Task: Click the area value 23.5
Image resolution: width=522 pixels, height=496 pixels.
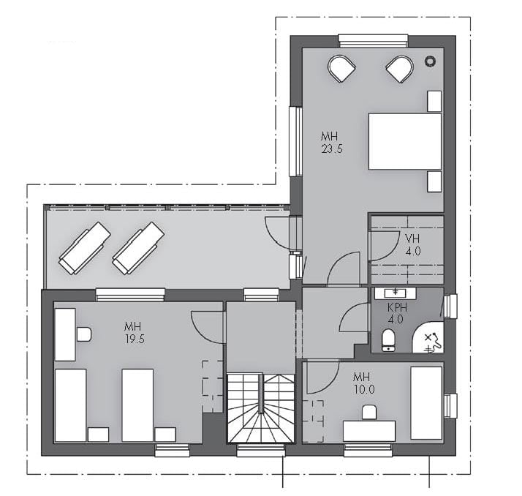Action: pos(332,149)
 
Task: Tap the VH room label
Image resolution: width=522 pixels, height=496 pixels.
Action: pos(412,238)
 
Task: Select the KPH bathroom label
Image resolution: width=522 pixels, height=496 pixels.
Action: pos(397,307)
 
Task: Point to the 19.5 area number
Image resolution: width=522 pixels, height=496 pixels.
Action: pos(135,339)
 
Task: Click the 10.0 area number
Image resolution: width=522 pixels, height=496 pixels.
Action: pos(364,389)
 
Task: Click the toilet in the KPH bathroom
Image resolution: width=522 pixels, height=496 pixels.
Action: pos(388,339)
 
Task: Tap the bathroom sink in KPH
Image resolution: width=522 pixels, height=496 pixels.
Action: pos(396,293)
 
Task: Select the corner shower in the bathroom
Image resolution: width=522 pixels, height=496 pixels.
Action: pos(428,337)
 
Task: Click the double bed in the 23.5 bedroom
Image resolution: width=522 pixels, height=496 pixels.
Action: pos(405,141)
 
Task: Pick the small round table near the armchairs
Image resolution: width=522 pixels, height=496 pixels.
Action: pos(430,61)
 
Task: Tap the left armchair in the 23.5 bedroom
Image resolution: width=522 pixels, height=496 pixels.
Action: pos(341,68)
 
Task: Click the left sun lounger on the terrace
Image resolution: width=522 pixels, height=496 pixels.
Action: pos(85,248)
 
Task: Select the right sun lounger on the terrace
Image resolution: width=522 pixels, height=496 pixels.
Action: pos(138,248)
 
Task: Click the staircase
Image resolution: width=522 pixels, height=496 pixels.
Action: pos(261,408)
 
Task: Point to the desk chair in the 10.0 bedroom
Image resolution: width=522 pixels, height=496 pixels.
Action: pos(369,412)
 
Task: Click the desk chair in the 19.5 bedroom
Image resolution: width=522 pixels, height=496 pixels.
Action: pos(84,334)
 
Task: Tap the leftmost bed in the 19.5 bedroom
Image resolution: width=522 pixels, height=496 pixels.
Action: pos(70,405)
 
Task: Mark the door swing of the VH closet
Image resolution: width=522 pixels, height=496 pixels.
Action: pos(385,246)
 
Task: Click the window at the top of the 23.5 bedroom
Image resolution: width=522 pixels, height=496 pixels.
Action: pos(373,41)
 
